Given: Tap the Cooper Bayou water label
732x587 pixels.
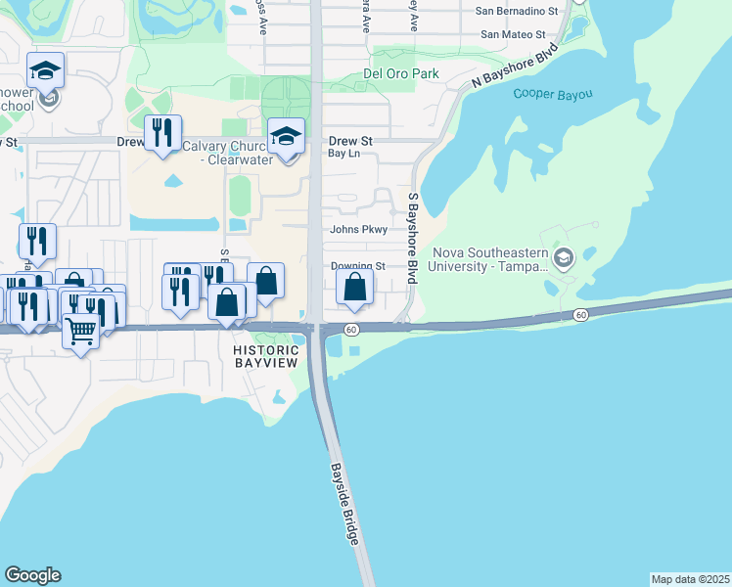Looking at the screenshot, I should click(x=554, y=94).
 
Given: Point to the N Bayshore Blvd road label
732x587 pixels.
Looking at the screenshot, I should click(x=514, y=66).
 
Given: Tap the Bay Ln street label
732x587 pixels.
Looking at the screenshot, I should click(x=343, y=154).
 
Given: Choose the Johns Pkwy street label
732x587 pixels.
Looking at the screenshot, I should click(x=360, y=230).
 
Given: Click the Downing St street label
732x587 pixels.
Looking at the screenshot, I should click(x=357, y=266).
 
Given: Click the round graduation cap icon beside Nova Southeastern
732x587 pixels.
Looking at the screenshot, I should click(x=563, y=258).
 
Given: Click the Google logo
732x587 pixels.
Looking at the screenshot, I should click(x=32, y=575).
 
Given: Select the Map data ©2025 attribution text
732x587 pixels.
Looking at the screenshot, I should click(x=691, y=579).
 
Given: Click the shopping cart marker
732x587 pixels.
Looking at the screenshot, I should click(x=80, y=333).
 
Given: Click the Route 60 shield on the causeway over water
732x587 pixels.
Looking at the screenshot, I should click(x=580, y=315).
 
